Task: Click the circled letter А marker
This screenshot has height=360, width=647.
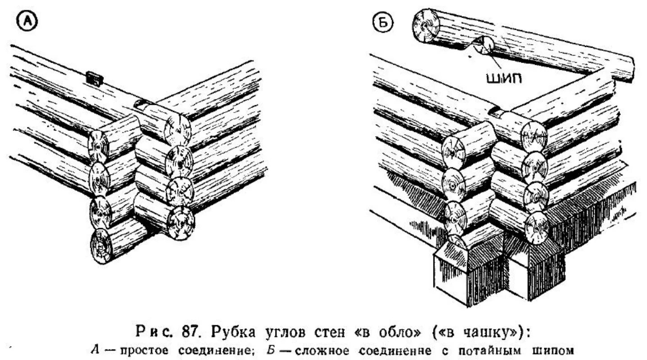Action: (x=27, y=21)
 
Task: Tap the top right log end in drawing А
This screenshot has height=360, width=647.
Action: (x=177, y=130)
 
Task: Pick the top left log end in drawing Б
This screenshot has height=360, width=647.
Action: (x=453, y=150)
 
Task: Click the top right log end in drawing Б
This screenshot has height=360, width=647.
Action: (x=534, y=135)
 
